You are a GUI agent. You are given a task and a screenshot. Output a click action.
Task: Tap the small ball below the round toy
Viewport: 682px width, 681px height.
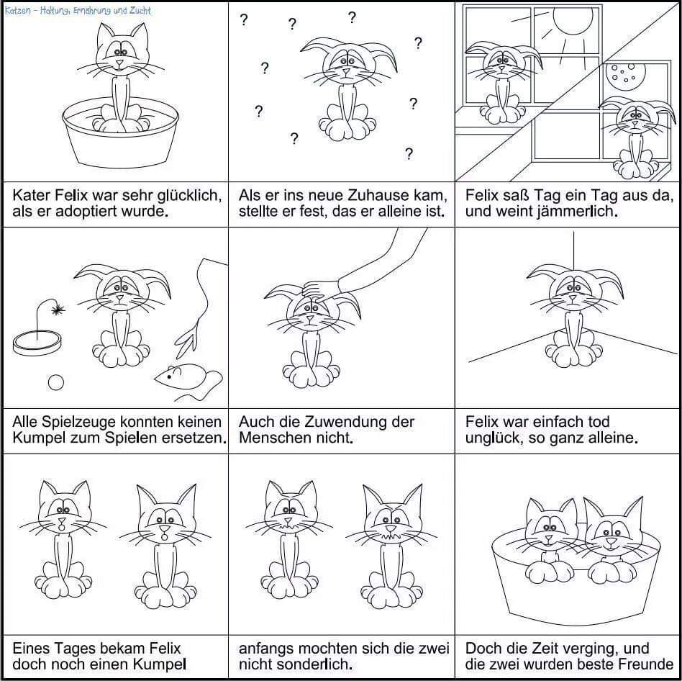[56, 383]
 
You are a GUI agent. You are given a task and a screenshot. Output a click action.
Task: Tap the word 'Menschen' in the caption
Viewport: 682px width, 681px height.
[270, 438]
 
